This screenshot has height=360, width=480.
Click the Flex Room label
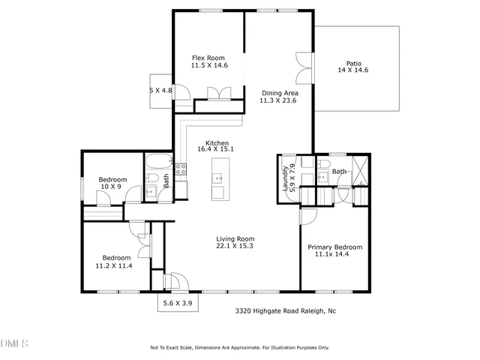point(208,58)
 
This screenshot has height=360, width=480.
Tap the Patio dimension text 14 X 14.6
point(352,70)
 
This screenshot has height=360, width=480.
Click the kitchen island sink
point(217,178)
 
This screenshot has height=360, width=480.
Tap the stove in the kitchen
point(181,169)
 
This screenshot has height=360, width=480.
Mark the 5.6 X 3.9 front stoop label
point(177,303)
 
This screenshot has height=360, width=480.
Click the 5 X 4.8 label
point(161,90)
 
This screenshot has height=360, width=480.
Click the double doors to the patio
point(302,69)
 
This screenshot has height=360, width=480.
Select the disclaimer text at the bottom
point(239,347)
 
